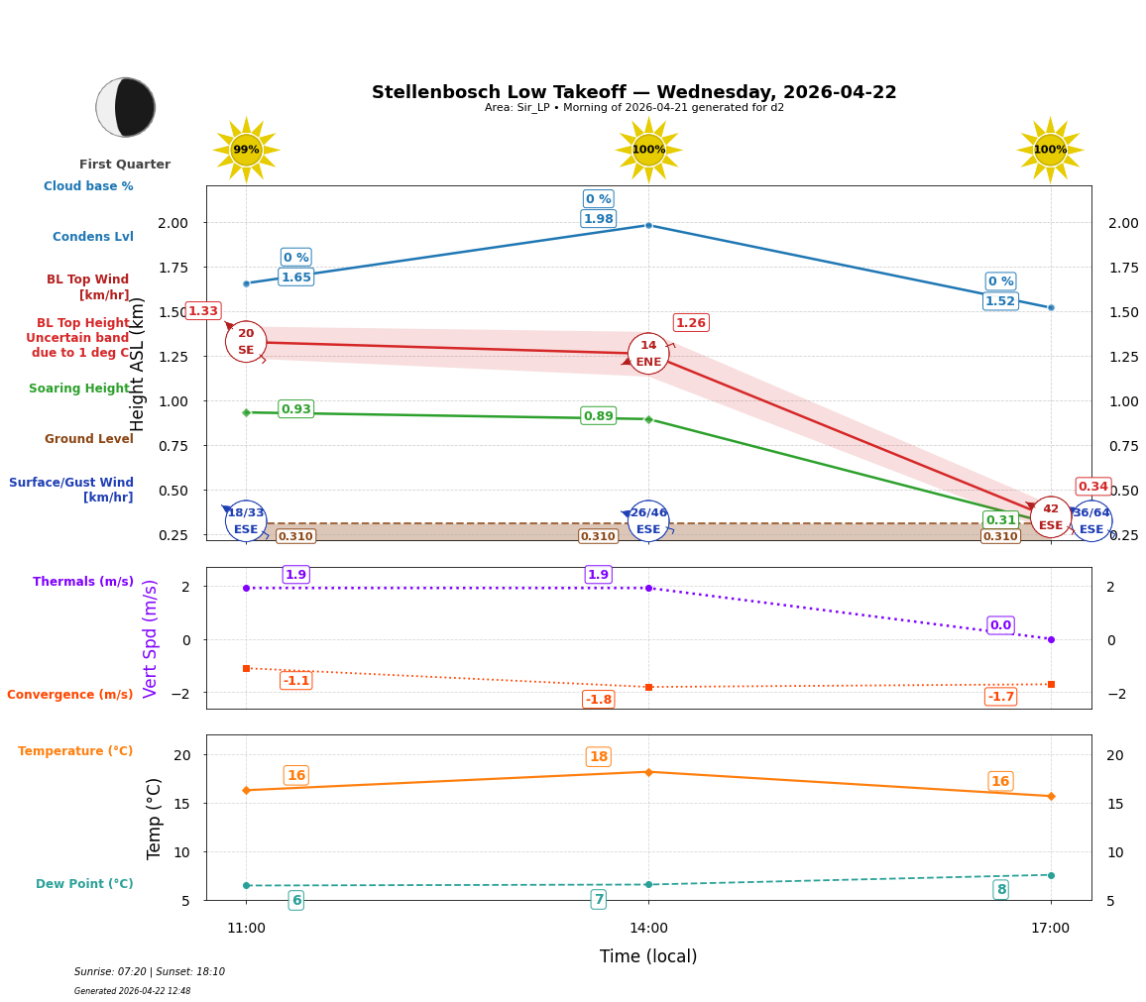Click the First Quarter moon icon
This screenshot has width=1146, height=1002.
coord(126,107)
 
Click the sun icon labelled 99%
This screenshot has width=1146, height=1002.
coord(246,150)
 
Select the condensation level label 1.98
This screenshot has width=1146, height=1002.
coord(599,219)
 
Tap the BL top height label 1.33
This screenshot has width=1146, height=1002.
coord(203,311)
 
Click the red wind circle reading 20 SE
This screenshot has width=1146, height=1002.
coord(246,342)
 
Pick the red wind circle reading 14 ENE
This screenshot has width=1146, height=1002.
coord(648,354)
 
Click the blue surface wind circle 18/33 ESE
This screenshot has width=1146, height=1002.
coord(246,521)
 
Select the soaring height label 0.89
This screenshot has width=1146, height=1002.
coord(599,416)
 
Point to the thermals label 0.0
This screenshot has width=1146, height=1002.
coord(1000,625)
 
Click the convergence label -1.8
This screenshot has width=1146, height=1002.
coord(599,700)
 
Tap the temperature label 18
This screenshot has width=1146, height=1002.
coord(599,757)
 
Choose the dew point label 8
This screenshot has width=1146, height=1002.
coord(1001,890)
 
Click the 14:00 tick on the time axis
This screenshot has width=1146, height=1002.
coord(648,928)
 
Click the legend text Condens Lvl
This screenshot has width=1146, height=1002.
coord(93,237)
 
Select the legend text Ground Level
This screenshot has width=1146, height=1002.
coord(89,439)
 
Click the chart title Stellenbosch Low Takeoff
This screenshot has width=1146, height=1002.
coord(633,92)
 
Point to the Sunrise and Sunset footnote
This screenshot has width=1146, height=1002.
coord(150,972)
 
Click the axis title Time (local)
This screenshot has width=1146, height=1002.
coord(648,956)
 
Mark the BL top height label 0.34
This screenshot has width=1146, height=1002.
coord(1093,487)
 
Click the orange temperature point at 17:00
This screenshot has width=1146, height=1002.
coord(1051,796)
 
